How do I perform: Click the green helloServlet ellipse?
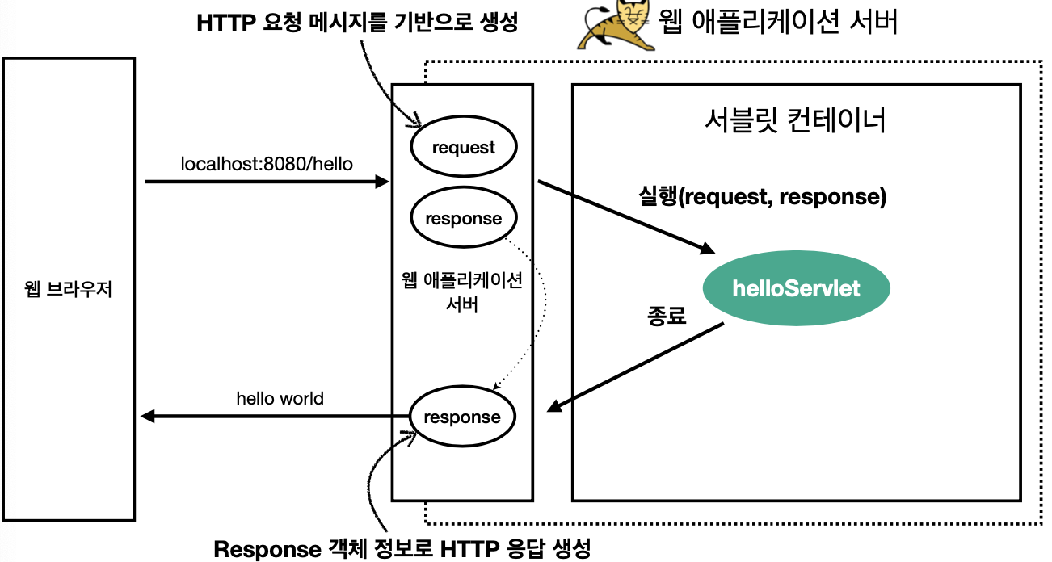pyautogui.click(x=796, y=289)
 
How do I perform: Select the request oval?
pyautogui.click(x=463, y=147)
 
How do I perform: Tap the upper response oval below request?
pyautogui.click(x=463, y=218)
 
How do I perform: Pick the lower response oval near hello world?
pyautogui.click(x=462, y=417)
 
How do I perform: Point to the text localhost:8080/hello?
pyautogui.click(x=267, y=163)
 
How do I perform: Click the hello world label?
pyautogui.click(x=280, y=398)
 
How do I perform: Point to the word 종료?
pyautogui.click(x=667, y=316)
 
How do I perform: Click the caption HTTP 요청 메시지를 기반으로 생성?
pyautogui.click(x=356, y=23)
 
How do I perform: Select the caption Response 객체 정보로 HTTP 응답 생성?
pyautogui.click(x=402, y=550)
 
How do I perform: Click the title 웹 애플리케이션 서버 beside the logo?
pyautogui.click(x=778, y=22)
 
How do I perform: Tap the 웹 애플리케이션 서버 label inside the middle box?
pyautogui.click(x=462, y=292)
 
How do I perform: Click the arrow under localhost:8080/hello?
pyautogui.click(x=267, y=182)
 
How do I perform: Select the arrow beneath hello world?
pyautogui.click(x=275, y=417)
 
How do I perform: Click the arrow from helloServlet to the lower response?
pyautogui.click(x=635, y=368)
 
